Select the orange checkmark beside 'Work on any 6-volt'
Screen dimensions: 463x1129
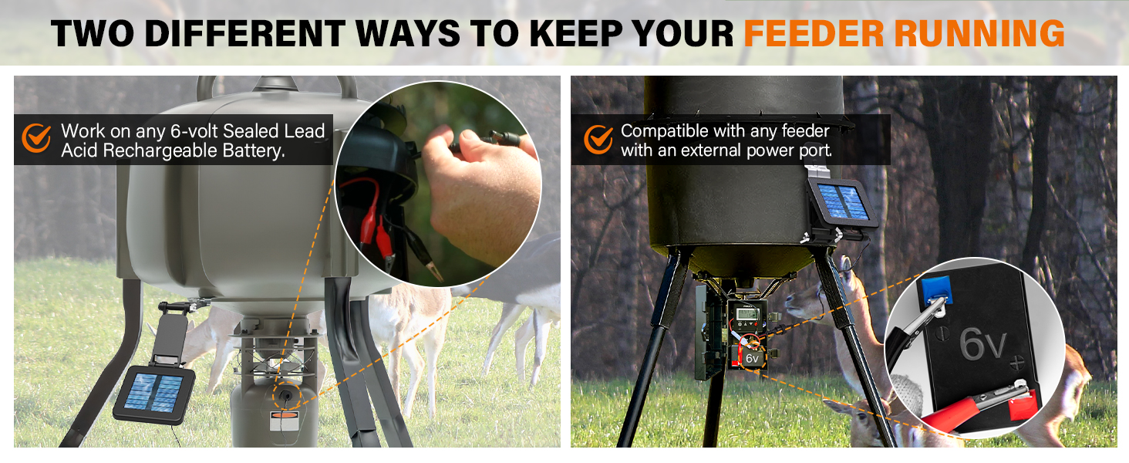click(35, 138)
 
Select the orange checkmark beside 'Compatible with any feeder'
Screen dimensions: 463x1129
click(598, 139)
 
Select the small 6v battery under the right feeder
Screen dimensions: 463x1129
click(750, 357)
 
